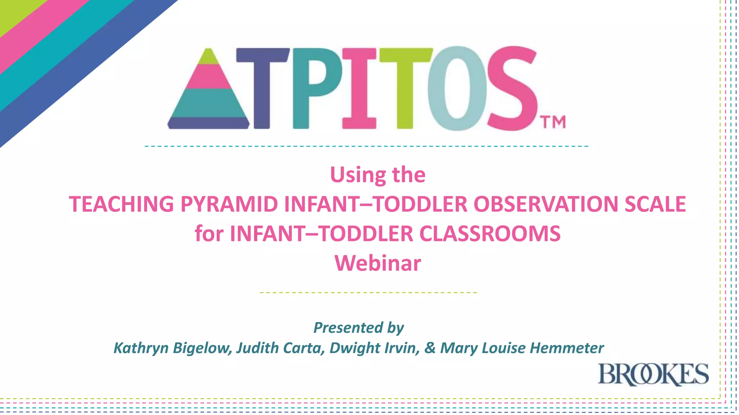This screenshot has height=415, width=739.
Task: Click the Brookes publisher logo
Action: click(653, 375)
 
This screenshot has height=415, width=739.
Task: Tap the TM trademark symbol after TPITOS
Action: click(553, 122)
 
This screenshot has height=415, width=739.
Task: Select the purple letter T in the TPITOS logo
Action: click(262, 88)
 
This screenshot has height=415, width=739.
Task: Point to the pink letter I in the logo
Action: click(359, 88)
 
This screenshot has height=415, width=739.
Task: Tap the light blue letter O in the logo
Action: click(457, 88)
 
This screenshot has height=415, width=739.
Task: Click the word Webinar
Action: click(377, 263)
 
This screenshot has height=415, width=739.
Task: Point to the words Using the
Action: click(377, 175)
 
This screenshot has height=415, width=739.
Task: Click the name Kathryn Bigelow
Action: click(172, 348)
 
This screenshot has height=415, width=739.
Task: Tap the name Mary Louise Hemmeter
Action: click(522, 348)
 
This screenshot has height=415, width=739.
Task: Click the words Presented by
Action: click(358, 328)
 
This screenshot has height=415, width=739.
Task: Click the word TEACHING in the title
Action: click(121, 204)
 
